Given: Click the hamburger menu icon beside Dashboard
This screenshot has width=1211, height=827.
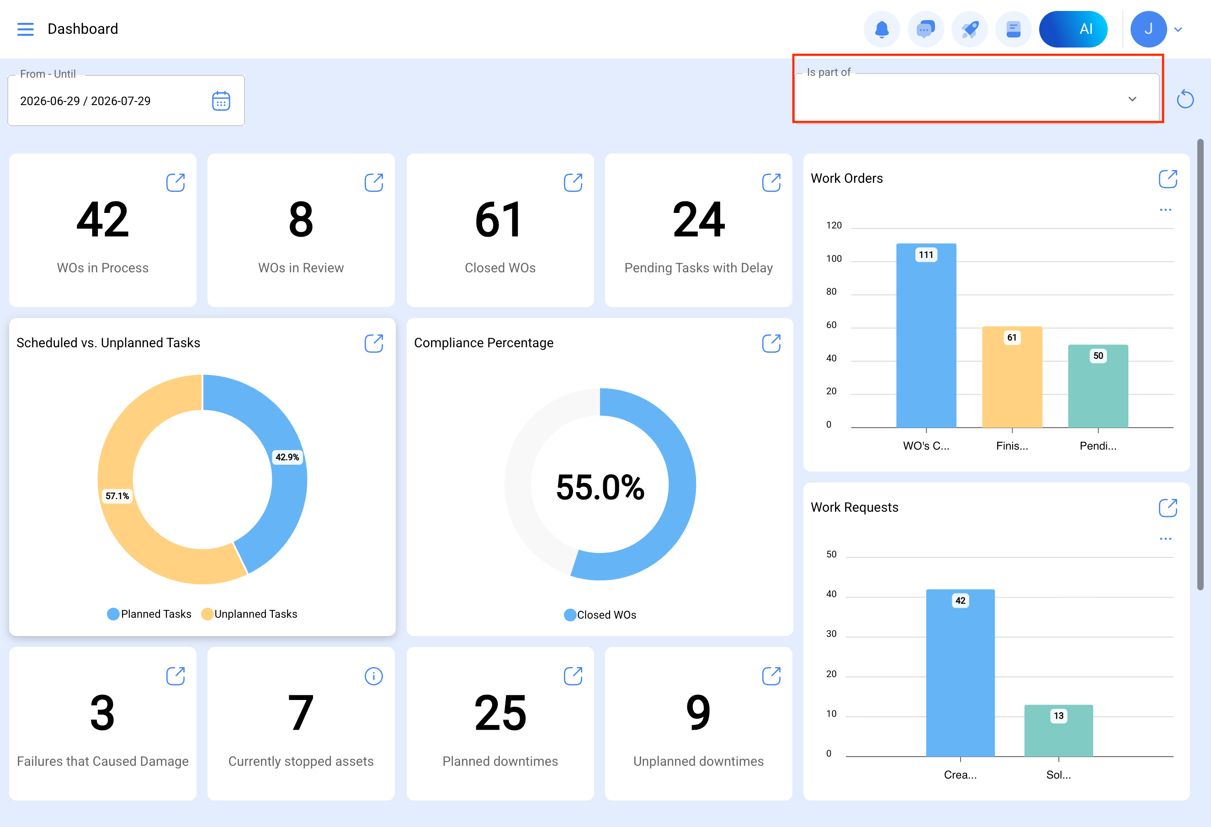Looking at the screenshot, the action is (x=25, y=29).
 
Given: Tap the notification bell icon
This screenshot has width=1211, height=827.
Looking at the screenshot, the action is (x=882, y=29).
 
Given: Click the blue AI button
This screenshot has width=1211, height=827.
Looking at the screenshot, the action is (x=1073, y=29).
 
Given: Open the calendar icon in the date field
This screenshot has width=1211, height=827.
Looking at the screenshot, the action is (x=221, y=101).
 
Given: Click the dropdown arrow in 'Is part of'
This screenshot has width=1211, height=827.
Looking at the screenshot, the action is (x=1132, y=99).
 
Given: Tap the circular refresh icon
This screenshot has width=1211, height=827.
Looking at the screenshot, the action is (x=1185, y=99).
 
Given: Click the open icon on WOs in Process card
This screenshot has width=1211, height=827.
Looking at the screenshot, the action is (x=175, y=182).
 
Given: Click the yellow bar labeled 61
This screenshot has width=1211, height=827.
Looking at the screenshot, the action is (x=1012, y=377).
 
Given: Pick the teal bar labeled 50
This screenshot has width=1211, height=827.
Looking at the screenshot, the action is (x=1098, y=386).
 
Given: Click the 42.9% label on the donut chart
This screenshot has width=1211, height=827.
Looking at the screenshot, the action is (x=287, y=457).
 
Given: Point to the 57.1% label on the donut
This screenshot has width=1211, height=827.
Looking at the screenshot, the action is (x=117, y=496).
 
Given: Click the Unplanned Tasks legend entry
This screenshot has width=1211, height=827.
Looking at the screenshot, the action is (x=250, y=614).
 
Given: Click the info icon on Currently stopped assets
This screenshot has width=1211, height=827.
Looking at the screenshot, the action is (x=374, y=676).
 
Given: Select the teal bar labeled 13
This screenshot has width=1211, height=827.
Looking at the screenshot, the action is (x=1058, y=731).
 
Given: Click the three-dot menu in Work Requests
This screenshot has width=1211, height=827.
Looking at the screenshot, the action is (x=1166, y=539).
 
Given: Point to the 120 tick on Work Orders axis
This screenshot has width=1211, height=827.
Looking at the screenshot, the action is (x=834, y=225).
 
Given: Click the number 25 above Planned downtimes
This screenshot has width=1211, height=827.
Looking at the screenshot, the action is (x=500, y=713).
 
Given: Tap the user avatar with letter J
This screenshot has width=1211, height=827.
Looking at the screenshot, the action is (x=1148, y=29).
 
